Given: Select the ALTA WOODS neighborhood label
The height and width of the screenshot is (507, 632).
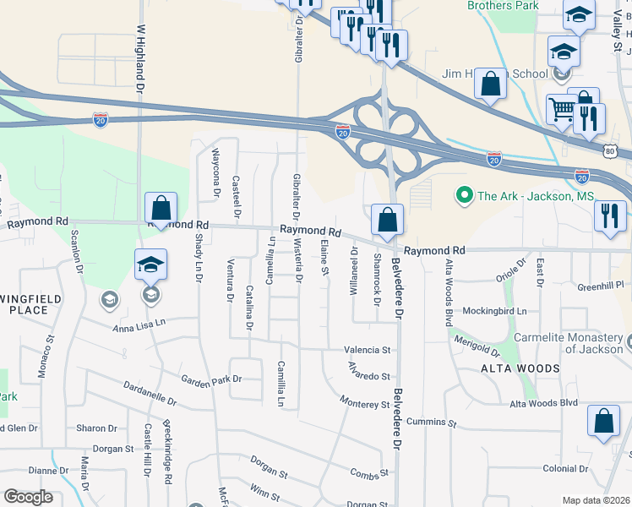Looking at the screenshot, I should pos(520,368).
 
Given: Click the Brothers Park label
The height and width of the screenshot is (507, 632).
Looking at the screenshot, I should pos(502,6).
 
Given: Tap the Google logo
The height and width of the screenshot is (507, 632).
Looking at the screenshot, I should pos(28,497).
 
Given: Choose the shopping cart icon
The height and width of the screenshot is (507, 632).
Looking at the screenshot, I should pos(562,108).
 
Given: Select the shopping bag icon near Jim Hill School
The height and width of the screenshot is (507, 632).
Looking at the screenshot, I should pos(490,84).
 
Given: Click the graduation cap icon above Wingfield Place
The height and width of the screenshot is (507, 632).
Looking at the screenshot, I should pos(150,264).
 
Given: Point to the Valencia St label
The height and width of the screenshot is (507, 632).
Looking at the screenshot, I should pos(367,350).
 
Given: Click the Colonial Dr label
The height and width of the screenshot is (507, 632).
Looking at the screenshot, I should pos(565,468).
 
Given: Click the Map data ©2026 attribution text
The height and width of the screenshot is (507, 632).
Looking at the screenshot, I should pos(596,500).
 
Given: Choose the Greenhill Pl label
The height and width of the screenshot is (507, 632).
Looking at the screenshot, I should pos(600,286).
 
